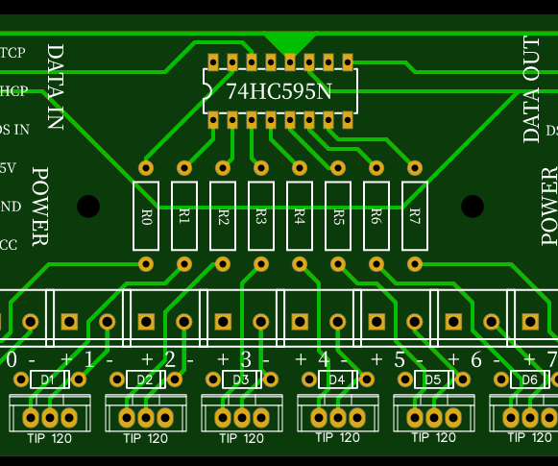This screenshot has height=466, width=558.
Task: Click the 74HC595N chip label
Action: click(279, 92)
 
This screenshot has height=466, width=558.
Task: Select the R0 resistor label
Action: click(146, 216)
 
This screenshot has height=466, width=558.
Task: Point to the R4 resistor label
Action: click(300, 216)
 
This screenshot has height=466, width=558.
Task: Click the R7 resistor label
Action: click(415, 216)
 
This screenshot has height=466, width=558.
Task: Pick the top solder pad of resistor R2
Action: click(223, 167)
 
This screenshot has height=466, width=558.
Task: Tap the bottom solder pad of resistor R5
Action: click(338, 263)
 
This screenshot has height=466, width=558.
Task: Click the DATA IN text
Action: click(55, 86)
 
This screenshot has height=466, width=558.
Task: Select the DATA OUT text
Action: click(532, 89)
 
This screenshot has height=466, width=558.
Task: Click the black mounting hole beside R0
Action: click(88, 207)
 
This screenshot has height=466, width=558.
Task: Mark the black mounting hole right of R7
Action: click(473, 207)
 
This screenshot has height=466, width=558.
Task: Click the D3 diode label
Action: click(241, 380)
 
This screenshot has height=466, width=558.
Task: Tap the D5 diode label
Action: click(433, 380)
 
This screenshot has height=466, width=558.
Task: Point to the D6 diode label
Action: click(529, 380)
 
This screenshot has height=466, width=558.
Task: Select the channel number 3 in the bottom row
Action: click(246, 359)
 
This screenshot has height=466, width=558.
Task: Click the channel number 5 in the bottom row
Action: click(399, 359)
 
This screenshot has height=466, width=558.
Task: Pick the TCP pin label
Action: click(12, 52)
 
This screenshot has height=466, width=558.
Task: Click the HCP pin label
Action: click(13, 91)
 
